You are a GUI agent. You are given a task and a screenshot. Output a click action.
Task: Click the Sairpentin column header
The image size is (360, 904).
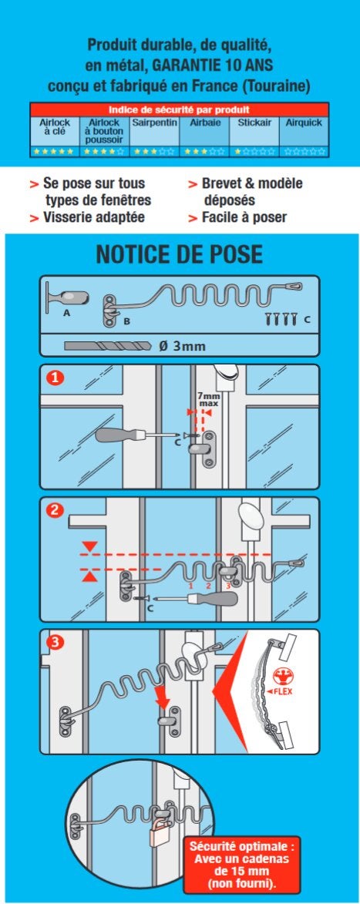[x=155, y=123]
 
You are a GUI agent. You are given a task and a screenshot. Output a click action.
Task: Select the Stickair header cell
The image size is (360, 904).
[x=254, y=123]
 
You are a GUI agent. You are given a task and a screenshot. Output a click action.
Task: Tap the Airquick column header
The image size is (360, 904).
[x=304, y=123]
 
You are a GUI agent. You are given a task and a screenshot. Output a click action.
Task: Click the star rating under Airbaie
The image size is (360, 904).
[x=204, y=152]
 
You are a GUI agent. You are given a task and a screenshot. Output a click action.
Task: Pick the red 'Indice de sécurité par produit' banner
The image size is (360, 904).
[x=180, y=109]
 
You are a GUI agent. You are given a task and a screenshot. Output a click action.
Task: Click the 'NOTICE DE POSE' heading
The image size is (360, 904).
[x=180, y=254]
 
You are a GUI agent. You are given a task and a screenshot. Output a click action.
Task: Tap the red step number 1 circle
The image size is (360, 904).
[x=55, y=378]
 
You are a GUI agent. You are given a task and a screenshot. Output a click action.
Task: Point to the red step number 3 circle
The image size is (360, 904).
[x=55, y=643]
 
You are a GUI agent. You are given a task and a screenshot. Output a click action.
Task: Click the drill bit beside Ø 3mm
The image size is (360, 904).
[x=109, y=346]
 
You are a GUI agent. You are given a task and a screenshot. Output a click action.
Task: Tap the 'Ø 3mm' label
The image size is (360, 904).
[x=182, y=347]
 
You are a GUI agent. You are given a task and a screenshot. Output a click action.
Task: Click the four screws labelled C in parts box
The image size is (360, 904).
[x=281, y=318]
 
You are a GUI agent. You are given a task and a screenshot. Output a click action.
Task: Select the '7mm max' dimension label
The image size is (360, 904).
[x=209, y=400]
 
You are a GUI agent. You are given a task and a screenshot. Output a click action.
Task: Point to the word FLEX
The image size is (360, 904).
[x=283, y=690]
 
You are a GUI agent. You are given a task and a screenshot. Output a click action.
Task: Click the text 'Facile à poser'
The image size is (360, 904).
[x=244, y=217]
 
